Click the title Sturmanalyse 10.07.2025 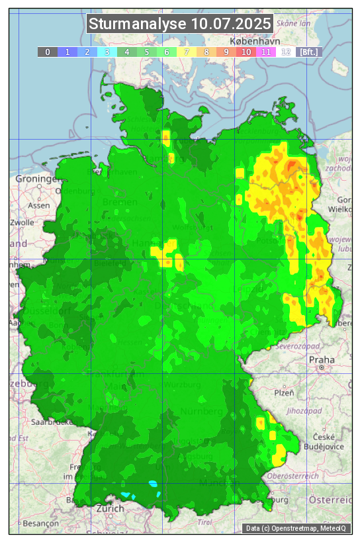[179, 24]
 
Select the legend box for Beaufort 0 [48, 51]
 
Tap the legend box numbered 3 [107, 51]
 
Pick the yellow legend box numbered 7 [187, 51]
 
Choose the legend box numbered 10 [246, 51]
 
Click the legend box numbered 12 [286, 51]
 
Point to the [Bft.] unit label [308, 51]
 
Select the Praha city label [322, 361]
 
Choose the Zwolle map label [21, 223]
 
